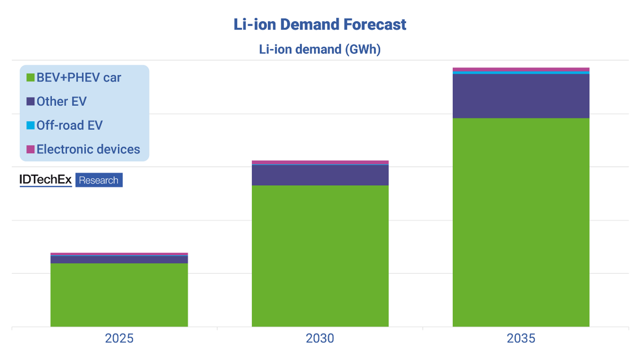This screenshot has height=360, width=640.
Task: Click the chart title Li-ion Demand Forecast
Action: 320,25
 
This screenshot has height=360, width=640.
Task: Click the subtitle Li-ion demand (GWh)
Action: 320,49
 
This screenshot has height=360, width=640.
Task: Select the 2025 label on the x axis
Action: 119,338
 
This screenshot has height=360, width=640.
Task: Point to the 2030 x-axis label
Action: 320,338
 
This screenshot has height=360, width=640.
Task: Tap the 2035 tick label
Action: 521,338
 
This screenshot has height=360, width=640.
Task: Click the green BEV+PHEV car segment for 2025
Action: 119,295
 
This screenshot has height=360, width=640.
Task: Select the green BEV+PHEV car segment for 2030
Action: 320,255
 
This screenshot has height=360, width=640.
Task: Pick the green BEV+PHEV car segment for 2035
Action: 521,222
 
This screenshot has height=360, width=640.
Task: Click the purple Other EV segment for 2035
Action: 521,96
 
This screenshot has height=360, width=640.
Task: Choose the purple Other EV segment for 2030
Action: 320,175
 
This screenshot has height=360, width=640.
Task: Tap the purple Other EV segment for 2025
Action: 119,259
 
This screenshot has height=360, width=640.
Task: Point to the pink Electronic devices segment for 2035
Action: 521,70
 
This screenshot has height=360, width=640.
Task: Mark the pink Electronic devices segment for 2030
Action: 320,162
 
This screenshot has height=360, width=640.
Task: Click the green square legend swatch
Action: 30,77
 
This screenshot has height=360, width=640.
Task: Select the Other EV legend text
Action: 62,101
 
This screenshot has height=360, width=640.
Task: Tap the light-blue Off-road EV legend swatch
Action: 30,125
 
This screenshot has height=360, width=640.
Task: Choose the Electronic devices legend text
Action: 88,149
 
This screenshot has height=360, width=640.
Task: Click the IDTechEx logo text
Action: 45,180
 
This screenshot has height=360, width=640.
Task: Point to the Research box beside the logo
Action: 99,180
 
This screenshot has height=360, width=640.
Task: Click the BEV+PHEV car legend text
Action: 79,77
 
